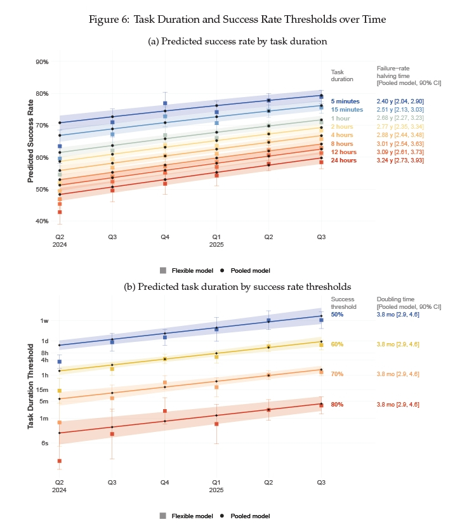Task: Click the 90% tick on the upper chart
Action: [43, 62]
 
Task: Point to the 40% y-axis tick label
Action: [43, 221]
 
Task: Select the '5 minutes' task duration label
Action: [345, 101]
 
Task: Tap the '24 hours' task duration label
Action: [345, 161]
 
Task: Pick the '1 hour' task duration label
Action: [341, 118]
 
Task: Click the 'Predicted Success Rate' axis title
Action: [30, 141]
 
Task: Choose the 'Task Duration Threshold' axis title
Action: [30, 386]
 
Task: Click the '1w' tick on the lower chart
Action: [44, 321]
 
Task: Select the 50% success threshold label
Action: [337, 314]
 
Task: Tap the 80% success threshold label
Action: [337, 404]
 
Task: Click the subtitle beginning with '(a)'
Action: [237, 42]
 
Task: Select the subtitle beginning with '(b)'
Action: [237, 286]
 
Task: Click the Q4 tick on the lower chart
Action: [165, 482]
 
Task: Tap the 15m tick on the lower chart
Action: [43, 389]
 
